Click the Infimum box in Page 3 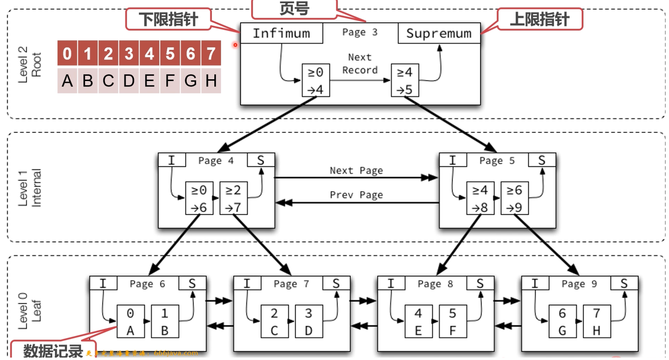coord(281,33)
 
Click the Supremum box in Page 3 coord(439,33)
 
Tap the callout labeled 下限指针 coord(168,19)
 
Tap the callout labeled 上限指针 coord(539,19)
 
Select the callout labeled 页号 coord(294,9)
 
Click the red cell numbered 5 coord(170,54)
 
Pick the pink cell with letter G coord(190,81)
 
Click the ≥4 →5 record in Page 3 coord(404,81)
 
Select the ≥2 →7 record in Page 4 coord(233,198)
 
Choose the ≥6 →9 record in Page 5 coord(514,198)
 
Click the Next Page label coord(356,170)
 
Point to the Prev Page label coord(356,195)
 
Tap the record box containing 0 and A coord(130,322)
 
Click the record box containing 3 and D coord(309,322)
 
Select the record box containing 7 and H coord(596,322)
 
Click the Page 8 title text coord(435,284)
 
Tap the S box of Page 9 coord(624,283)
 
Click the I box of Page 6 coord(103,283)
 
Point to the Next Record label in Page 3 coord(360,63)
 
